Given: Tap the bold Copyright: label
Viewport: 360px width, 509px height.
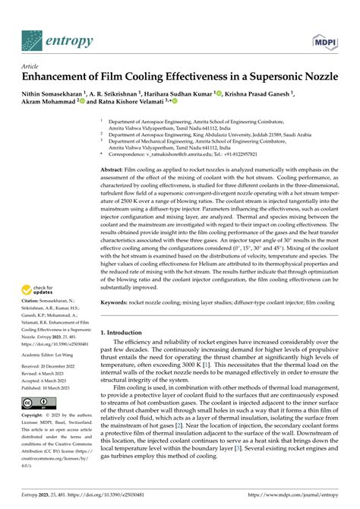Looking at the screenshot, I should coord(36,438).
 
